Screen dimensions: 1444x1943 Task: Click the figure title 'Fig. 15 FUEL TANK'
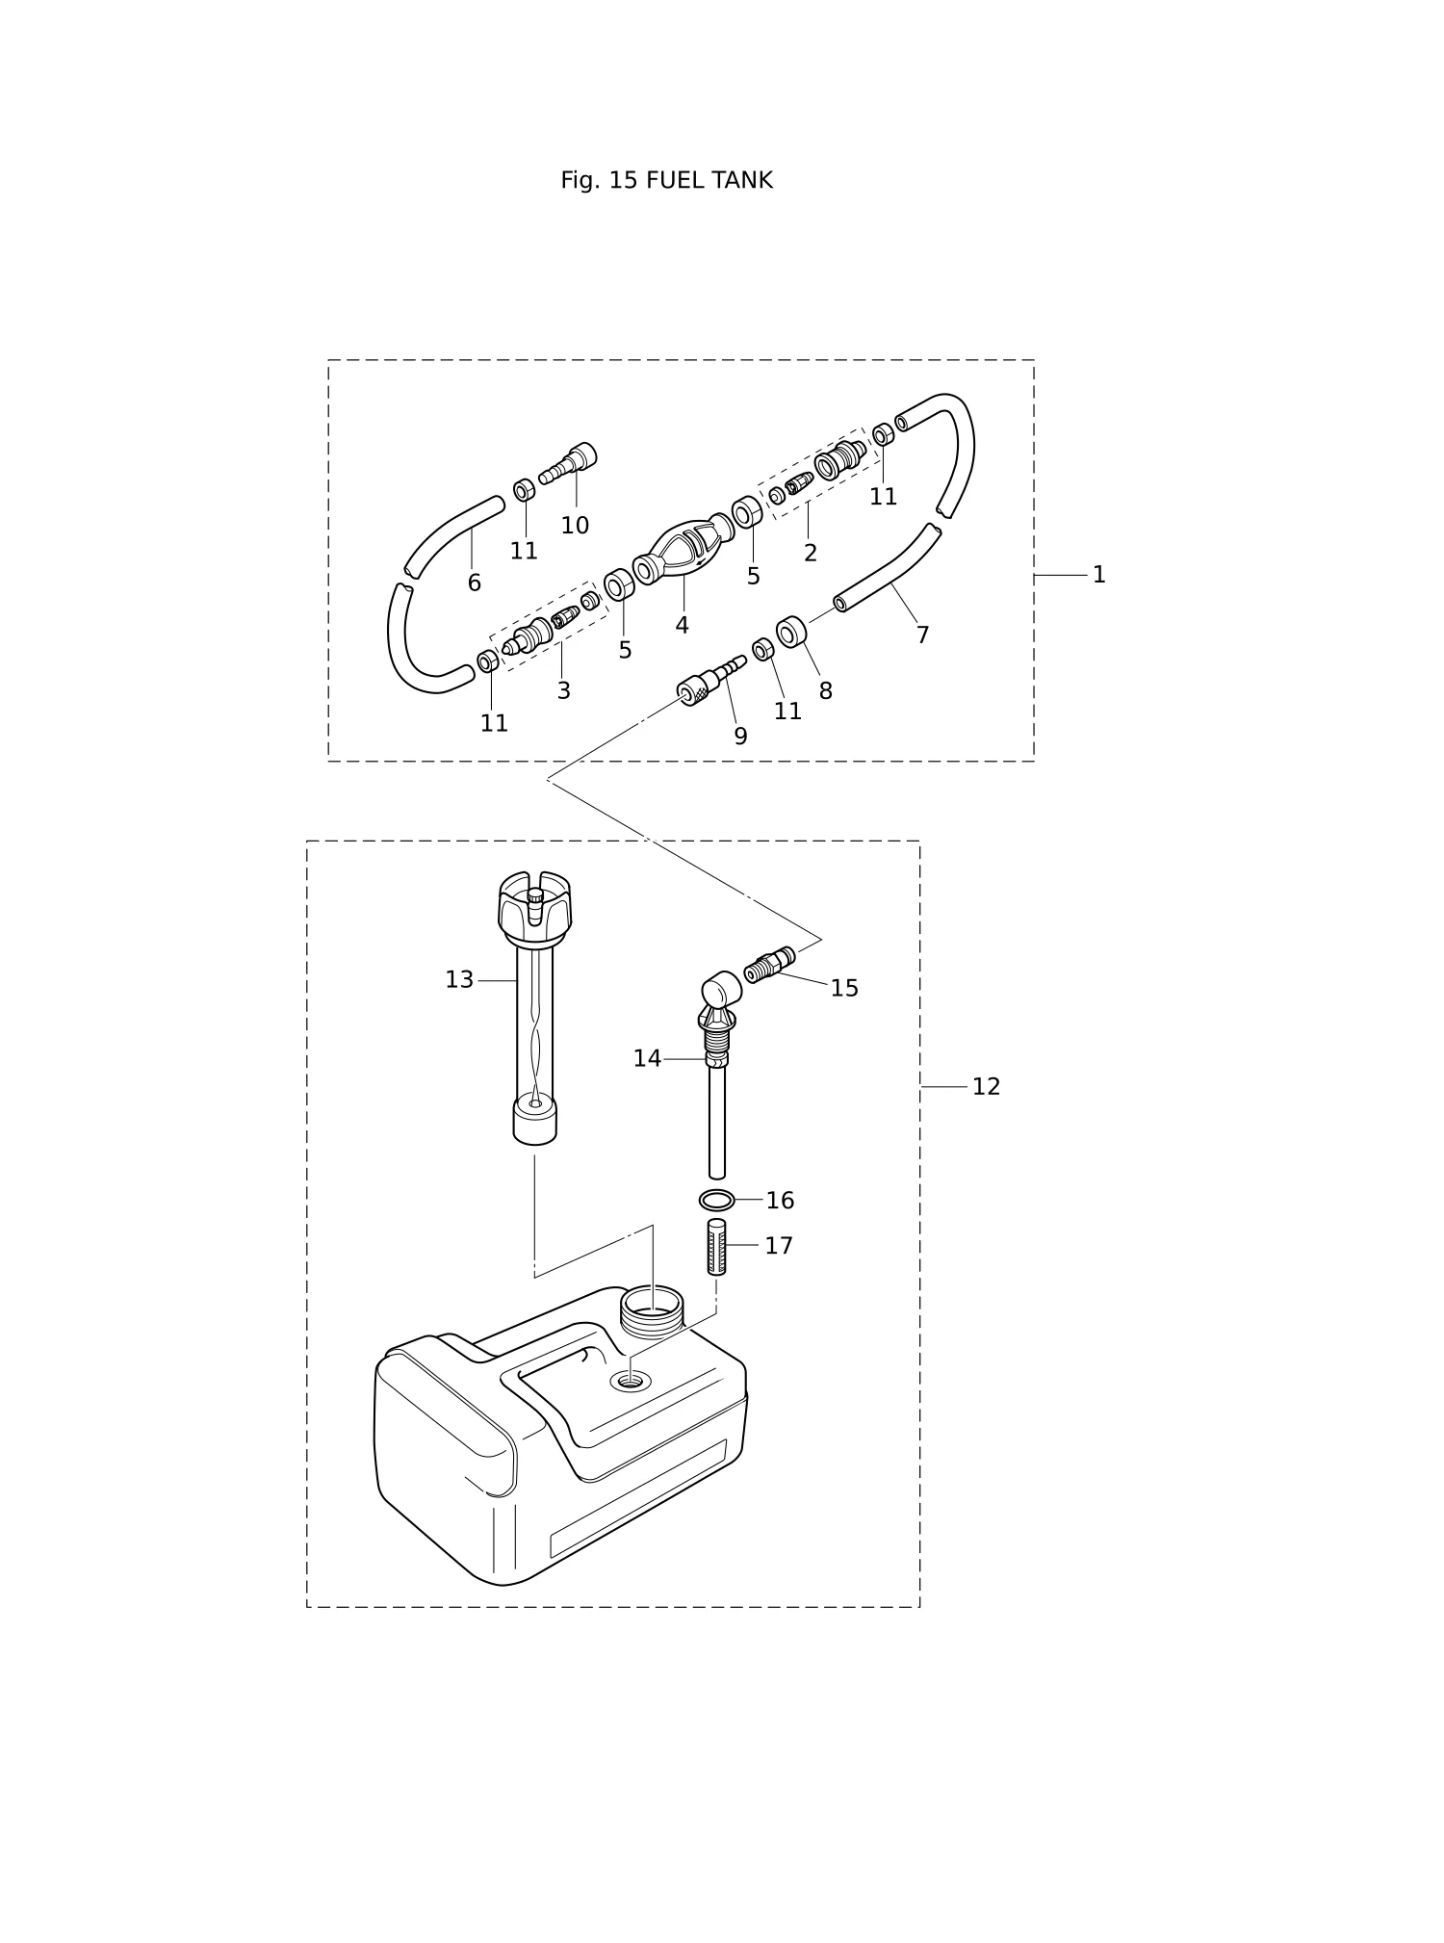pyautogui.click(x=666, y=180)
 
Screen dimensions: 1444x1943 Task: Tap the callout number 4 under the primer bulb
pyautogui.click(x=682, y=626)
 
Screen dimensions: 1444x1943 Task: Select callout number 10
pyautogui.click(x=575, y=526)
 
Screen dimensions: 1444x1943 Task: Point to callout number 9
pyautogui.click(x=740, y=737)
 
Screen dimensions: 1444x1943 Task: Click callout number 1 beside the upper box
pyautogui.click(x=1098, y=575)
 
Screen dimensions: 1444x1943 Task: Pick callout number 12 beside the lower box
pyautogui.click(x=986, y=1087)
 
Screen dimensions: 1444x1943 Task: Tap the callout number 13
pyautogui.click(x=459, y=980)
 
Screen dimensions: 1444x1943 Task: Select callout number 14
pyautogui.click(x=647, y=1059)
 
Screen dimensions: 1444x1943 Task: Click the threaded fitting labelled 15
pyautogui.click(x=770, y=963)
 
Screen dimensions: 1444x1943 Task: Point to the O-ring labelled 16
pyautogui.click(x=716, y=1201)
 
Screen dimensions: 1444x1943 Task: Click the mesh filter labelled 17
pyautogui.click(x=717, y=1247)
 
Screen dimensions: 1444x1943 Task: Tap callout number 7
pyautogui.click(x=922, y=635)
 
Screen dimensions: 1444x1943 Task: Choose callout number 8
pyautogui.click(x=825, y=691)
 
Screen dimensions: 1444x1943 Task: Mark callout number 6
pyautogui.click(x=474, y=583)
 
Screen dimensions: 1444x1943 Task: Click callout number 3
pyautogui.click(x=563, y=691)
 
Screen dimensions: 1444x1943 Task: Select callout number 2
pyautogui.click(x=810, y=554)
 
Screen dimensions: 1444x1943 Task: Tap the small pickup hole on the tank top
pyautogui.click(x=630, y=1382)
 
